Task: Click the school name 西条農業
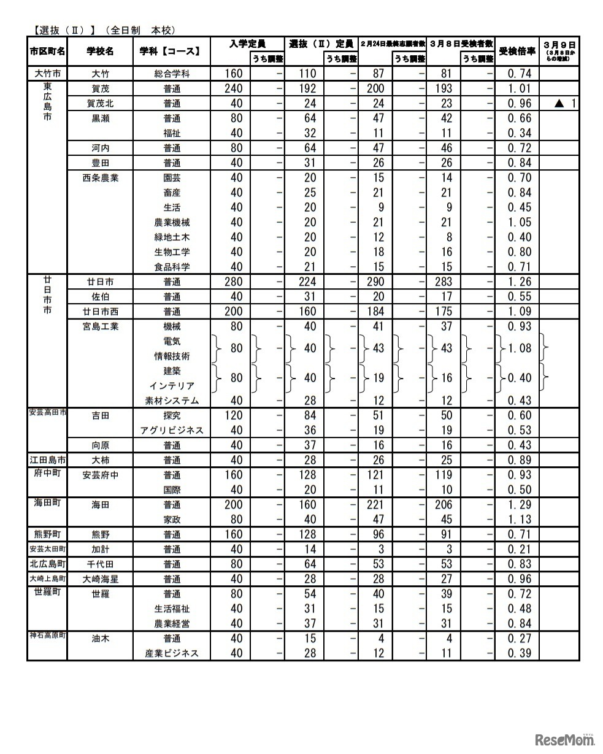[101, 178]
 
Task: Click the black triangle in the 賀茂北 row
[558, 104]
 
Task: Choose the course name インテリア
[172, 386]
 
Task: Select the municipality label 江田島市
[47, 460]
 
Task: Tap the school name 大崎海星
[101, 579]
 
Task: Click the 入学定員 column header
[247, 44]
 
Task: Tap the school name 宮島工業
[101, 326]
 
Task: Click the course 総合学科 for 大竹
[172, 74]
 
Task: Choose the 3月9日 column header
[559, 44]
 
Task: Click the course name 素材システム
[172, 401]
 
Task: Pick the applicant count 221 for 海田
[378, 505]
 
